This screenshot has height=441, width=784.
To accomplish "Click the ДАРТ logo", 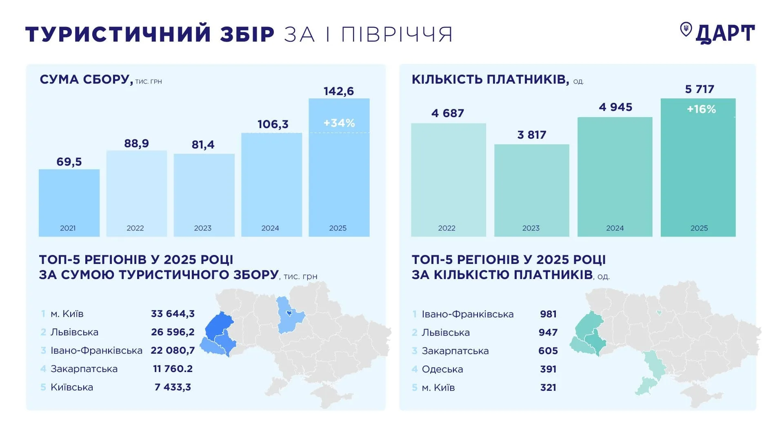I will click(717, 33).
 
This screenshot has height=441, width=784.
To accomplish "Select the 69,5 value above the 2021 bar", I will click(69, 162).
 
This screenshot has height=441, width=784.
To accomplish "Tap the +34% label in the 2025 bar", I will click(339, 123).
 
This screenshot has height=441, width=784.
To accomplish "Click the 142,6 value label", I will click(339, 91).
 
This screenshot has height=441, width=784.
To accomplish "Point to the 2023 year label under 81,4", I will click(202, 228).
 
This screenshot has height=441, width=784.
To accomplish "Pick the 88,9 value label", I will click(136, 144).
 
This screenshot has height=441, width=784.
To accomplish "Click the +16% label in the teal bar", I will click(701, 109).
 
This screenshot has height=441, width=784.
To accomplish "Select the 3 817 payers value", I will click(531, 135).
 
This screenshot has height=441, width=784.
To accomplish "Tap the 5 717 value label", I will click(700, 89).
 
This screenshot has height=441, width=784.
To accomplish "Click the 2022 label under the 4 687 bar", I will click(446, 228).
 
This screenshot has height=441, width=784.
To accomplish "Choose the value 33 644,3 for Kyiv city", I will click(173, 314).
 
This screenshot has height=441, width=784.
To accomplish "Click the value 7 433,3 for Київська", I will click(173, 387).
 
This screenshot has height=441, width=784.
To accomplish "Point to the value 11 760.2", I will click(173, 369).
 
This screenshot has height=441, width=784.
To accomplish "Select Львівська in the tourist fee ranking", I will click(74, 332).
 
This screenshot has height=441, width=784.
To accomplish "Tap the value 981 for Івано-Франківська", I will click(548, 314).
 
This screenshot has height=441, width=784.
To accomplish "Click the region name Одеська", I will click(442, 369).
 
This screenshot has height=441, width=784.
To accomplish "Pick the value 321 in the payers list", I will click(548, 388).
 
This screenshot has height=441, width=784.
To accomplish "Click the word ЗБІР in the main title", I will click(247, 34).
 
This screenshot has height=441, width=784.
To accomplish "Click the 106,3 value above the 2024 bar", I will click(273, 124).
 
